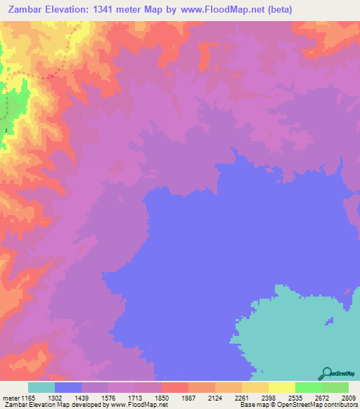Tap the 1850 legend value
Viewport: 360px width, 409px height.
(162, 397)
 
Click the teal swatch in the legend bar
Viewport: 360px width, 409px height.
(41, 387)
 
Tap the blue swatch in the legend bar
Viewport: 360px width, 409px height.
(68, 387)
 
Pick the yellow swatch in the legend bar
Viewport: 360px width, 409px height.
(281, 387)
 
